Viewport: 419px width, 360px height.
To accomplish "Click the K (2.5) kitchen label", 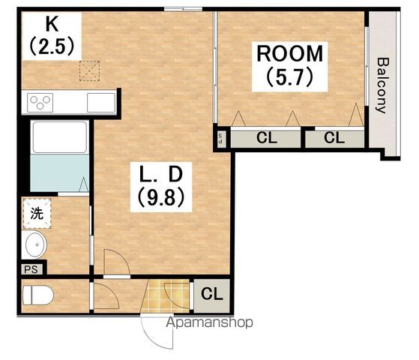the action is coord(52,36).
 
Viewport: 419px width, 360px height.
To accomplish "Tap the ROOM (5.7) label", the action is coord(290,66).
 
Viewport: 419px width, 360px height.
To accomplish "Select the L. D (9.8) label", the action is coord(161,187).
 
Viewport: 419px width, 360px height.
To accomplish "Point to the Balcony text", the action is coord(382,85).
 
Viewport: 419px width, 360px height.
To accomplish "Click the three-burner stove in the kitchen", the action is coord(40,103).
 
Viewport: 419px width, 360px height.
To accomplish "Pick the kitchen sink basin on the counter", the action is coord(101,103).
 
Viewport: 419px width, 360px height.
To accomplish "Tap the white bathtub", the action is coord(60,137).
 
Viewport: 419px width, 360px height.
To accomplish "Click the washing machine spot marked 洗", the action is coord(37,214).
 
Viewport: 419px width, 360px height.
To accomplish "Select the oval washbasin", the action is coord(36,244).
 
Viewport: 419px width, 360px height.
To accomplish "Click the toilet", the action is coord(38,295).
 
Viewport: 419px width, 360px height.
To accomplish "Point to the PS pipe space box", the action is coord(31,269).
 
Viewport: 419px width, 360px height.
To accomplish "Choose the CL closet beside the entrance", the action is coord(211,295).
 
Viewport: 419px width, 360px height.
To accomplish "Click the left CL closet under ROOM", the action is coord(265,139).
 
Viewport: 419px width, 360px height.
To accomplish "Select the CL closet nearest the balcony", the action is coord(334,139).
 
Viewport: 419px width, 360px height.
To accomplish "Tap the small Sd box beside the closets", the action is coord(220,139).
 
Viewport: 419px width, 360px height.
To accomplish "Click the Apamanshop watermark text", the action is coord(210,322).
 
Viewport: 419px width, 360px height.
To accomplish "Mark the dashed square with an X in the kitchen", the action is coord(89,71).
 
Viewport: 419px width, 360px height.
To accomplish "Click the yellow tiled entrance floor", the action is coord(165,295).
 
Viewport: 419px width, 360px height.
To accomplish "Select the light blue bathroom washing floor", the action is coord(60,173).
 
